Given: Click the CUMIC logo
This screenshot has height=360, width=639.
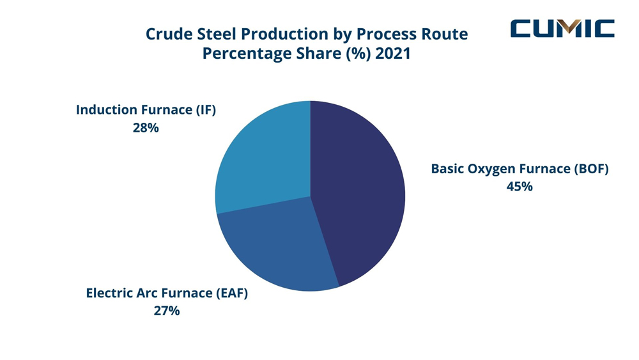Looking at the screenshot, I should [562, 29].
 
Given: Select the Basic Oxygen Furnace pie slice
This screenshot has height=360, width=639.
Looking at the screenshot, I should [361, 192].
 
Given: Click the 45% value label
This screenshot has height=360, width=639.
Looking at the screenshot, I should [520, 187].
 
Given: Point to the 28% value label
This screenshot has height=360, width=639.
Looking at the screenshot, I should [146, 127].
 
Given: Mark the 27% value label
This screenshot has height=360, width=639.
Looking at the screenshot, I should [167, 311].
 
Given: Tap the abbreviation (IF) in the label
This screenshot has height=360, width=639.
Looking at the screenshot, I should [206, 110].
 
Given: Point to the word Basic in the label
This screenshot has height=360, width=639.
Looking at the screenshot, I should [448, 169].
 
